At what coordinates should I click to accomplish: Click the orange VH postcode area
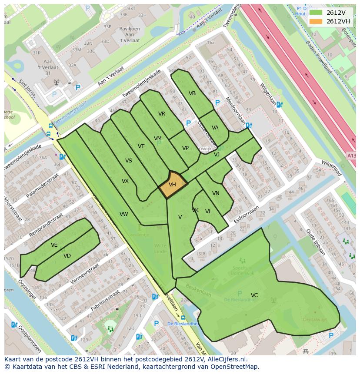tap(173, 185)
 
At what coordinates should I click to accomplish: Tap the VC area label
tap(254, 295)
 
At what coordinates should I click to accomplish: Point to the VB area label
tap(192, 93)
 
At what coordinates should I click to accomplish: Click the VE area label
tap(54, 245)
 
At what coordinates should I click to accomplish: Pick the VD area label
tap(67, 256)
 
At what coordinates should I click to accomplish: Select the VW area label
tap(124, 214)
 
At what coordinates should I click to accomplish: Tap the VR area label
tap(162, 114)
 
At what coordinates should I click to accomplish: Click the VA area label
tap(215, 128)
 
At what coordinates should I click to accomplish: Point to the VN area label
tap(216, 193)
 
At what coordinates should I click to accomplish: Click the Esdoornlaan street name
tap(246, 215)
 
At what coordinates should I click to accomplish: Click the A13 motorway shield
tap(351, 156)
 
